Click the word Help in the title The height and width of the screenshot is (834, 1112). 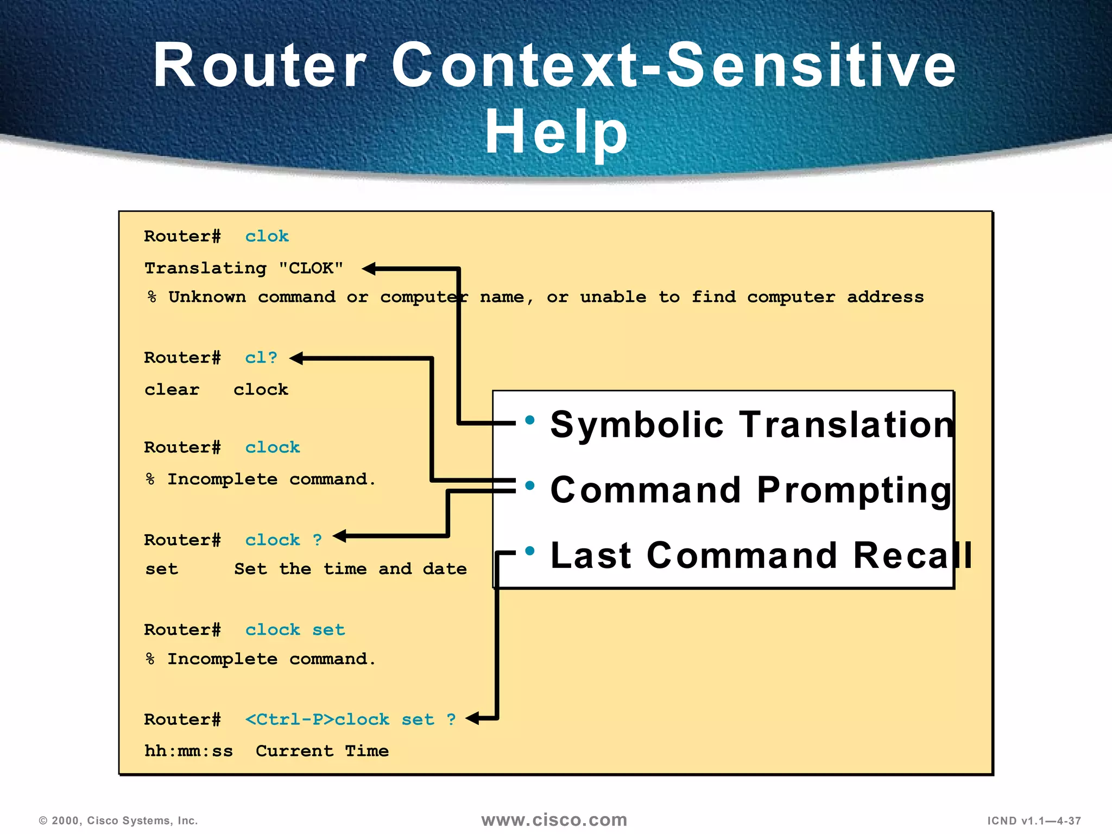(x=556, y=132)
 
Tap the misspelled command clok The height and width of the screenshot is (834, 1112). (x=267, y=236)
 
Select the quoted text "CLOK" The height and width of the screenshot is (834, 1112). (x=311, y=268)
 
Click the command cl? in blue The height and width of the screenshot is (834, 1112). (x=261, y=358)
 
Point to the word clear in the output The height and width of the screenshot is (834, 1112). (x=172, y=390)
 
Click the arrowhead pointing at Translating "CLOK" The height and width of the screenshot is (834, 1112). (x=369, y=268)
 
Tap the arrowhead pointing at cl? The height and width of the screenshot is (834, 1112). (x=296, y=358)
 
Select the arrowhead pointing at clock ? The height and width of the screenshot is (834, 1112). (x=340, y=536)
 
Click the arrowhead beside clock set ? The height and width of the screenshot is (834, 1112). (x=472, y=718)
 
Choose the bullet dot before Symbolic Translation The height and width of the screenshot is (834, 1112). (x=530, y=420)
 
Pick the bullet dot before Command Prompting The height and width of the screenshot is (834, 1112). (x=530, y=485)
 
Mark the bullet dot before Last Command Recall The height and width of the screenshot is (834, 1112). (x=530, y=551)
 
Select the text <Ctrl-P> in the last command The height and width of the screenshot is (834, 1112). (x=289, y=719)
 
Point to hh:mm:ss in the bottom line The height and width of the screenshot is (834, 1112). (x=188, y=751)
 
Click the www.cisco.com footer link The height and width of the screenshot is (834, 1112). (x=554, y=820)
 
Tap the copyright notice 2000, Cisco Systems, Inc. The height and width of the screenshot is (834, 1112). (x=118, y=820)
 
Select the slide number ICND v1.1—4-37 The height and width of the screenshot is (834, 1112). (x=1034, y=821)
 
